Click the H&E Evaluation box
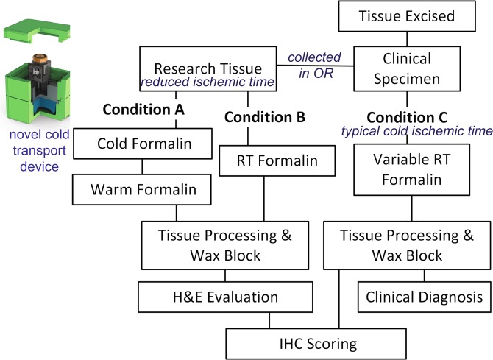pyautogui.click(x=220, y=297)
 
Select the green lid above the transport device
pyautogui.click(x=35, y=29)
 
